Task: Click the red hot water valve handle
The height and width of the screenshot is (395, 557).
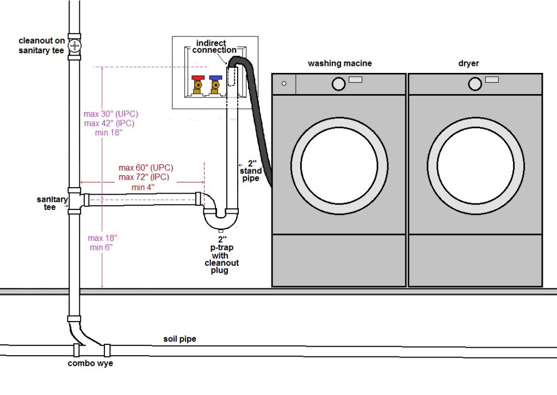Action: click(x=198, y=79)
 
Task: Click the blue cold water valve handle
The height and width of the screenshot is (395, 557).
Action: click(x=216, y=79)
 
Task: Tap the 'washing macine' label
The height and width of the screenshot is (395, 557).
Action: click(x=339, y=64)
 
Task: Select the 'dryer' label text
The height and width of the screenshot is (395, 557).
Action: click(x=468, y=64)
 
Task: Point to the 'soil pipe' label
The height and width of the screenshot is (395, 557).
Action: click(x=180, y=339)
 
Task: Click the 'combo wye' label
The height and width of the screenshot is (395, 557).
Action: click(x=90, y=363)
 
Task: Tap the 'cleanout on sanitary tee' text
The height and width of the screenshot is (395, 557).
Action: click(x=42, y=46)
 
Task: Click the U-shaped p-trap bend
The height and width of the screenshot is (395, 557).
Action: click(x=220, y=220)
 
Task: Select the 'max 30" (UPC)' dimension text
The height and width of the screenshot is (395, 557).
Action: click(x=111, y=114)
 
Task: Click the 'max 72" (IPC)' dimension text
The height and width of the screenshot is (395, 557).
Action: click(x=144, y=177)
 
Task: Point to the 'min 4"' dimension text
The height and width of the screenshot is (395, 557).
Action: click(x=143, y=187)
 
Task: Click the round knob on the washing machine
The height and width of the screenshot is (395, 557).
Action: click(x=338, y=84)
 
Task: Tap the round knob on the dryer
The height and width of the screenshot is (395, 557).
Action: click(x=474, y=84)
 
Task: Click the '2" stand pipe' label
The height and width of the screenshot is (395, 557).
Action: click(x=251, y=170)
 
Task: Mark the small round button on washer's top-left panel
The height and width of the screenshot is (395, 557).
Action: click(x=283, y=84)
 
